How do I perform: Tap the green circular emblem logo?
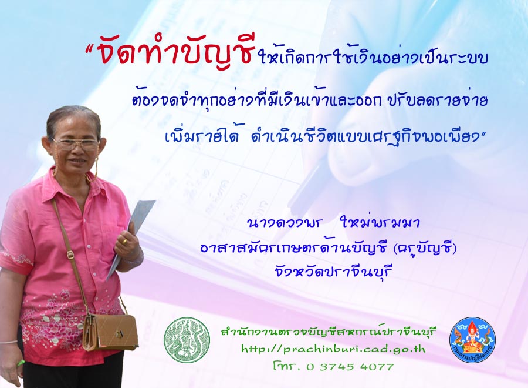coord(187,340)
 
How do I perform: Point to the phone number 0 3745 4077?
coord(350,366)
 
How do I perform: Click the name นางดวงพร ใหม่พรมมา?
coord(333,223)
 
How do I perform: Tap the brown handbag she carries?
coord(110,332)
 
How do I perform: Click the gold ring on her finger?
coord(124,241)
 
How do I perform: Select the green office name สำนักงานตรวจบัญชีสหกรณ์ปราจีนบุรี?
coord(329,332)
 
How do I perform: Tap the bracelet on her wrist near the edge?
coord(8,342)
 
